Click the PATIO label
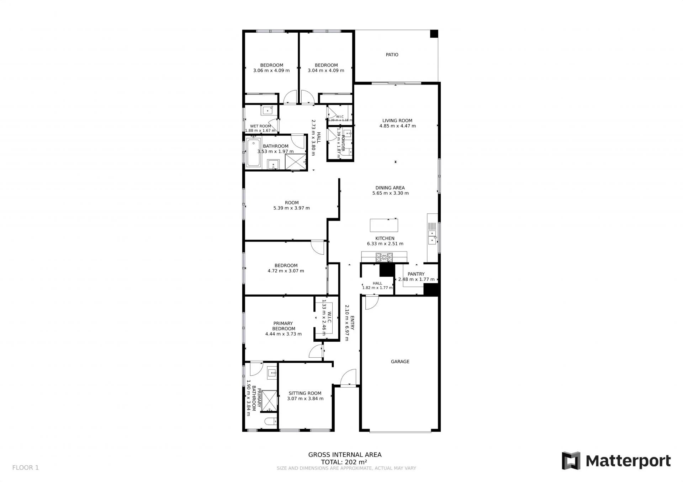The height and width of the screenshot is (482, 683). (x=392, y=55)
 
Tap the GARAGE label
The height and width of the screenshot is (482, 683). (x=400, y=362)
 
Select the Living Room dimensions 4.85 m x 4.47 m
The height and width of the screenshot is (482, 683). (x=397, y=126)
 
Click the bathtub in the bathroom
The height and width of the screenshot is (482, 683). (x=253, y=153)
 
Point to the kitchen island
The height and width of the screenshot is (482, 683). (x=384, y=226)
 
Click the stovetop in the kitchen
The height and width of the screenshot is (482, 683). (x=384, y=257)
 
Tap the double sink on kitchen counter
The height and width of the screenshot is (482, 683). (x=432, y=237)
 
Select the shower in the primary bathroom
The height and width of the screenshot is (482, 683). (x=269, y=401)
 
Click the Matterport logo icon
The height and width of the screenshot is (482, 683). (x=571, y=461)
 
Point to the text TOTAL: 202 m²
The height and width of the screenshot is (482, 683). (x=344, y=462)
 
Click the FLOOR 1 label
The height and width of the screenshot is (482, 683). (x=25, y=468)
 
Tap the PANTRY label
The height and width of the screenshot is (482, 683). (x=416, y=274)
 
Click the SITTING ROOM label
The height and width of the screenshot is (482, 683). (x=305, y=393)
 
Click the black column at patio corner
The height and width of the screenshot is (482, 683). (x=434, y=34)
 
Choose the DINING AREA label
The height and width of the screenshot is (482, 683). (x=390, y=188)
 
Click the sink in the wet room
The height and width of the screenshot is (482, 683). (x=267, y=110)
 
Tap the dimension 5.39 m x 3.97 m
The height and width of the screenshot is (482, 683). (x=291, y=208)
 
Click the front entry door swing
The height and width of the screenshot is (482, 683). (x=348, y=377)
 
